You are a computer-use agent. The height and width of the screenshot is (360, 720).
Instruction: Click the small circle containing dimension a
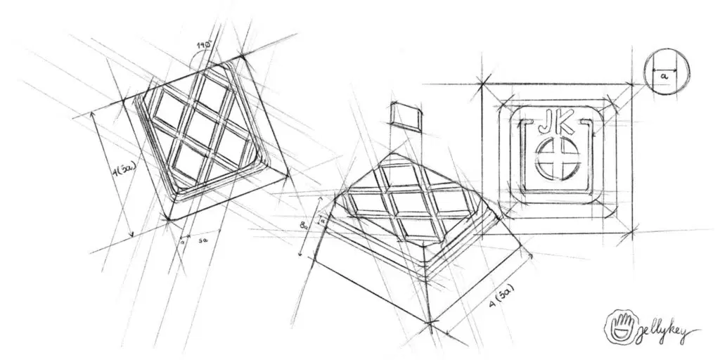tap(665, 72)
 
